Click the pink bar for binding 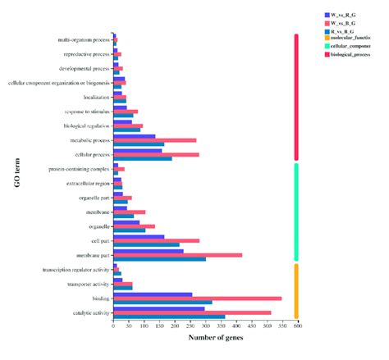click(x=197, y=298)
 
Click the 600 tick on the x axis click(x=296, y=326)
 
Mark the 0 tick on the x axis click(x=113, y=326)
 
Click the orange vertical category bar click(x=295, y=290)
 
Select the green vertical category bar click(x=295, y=212)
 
